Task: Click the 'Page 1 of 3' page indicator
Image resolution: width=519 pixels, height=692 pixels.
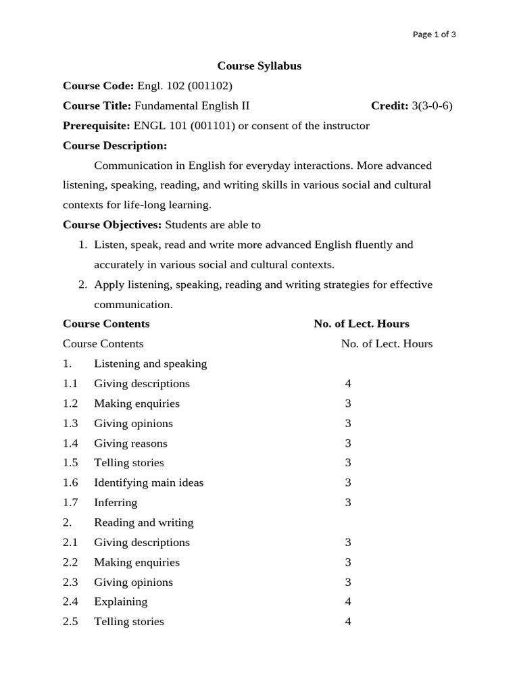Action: click(x=434, y=34)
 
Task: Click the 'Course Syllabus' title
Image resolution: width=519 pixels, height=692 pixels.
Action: click(x=259, y=66)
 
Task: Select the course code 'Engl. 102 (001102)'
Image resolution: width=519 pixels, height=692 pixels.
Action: click(x=184, y=86)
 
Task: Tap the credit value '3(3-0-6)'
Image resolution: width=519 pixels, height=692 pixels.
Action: click(x=432, y=105)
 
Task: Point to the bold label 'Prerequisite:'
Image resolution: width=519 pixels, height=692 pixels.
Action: click(x=97, y=126)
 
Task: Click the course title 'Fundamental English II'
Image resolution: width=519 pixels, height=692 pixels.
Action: click(x=192, y=105)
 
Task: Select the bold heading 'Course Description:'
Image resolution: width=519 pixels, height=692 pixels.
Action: click(x=115, y=145)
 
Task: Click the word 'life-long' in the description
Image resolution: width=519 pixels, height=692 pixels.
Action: click(x=145, y=205)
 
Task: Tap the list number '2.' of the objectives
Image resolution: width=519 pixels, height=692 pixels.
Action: click(x=84, y=285)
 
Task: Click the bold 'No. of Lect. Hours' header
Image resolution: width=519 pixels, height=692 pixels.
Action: click(x=362, y=324)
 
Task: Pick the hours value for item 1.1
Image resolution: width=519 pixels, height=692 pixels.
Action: click(x=348, y=384)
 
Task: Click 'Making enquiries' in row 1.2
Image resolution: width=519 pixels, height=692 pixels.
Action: click(x=137, y=403)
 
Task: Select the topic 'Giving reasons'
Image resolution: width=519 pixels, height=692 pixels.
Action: click(x=130, y=443)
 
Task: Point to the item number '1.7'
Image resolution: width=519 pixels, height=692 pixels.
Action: click(x=70, y=503)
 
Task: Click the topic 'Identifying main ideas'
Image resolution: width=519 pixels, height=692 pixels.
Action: click(x=149, y=483)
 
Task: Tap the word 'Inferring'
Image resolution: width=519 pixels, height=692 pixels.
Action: click(x=116, y=503)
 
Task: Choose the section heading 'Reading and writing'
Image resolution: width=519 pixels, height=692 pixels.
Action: click(x=143, y=522)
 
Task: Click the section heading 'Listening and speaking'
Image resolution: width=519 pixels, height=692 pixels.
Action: click(x=150, y=364)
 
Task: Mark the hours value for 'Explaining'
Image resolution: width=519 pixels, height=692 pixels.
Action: click(x=348, y=601)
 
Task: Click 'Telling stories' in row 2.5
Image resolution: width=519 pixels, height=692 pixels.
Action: click(x=128, y=622)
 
